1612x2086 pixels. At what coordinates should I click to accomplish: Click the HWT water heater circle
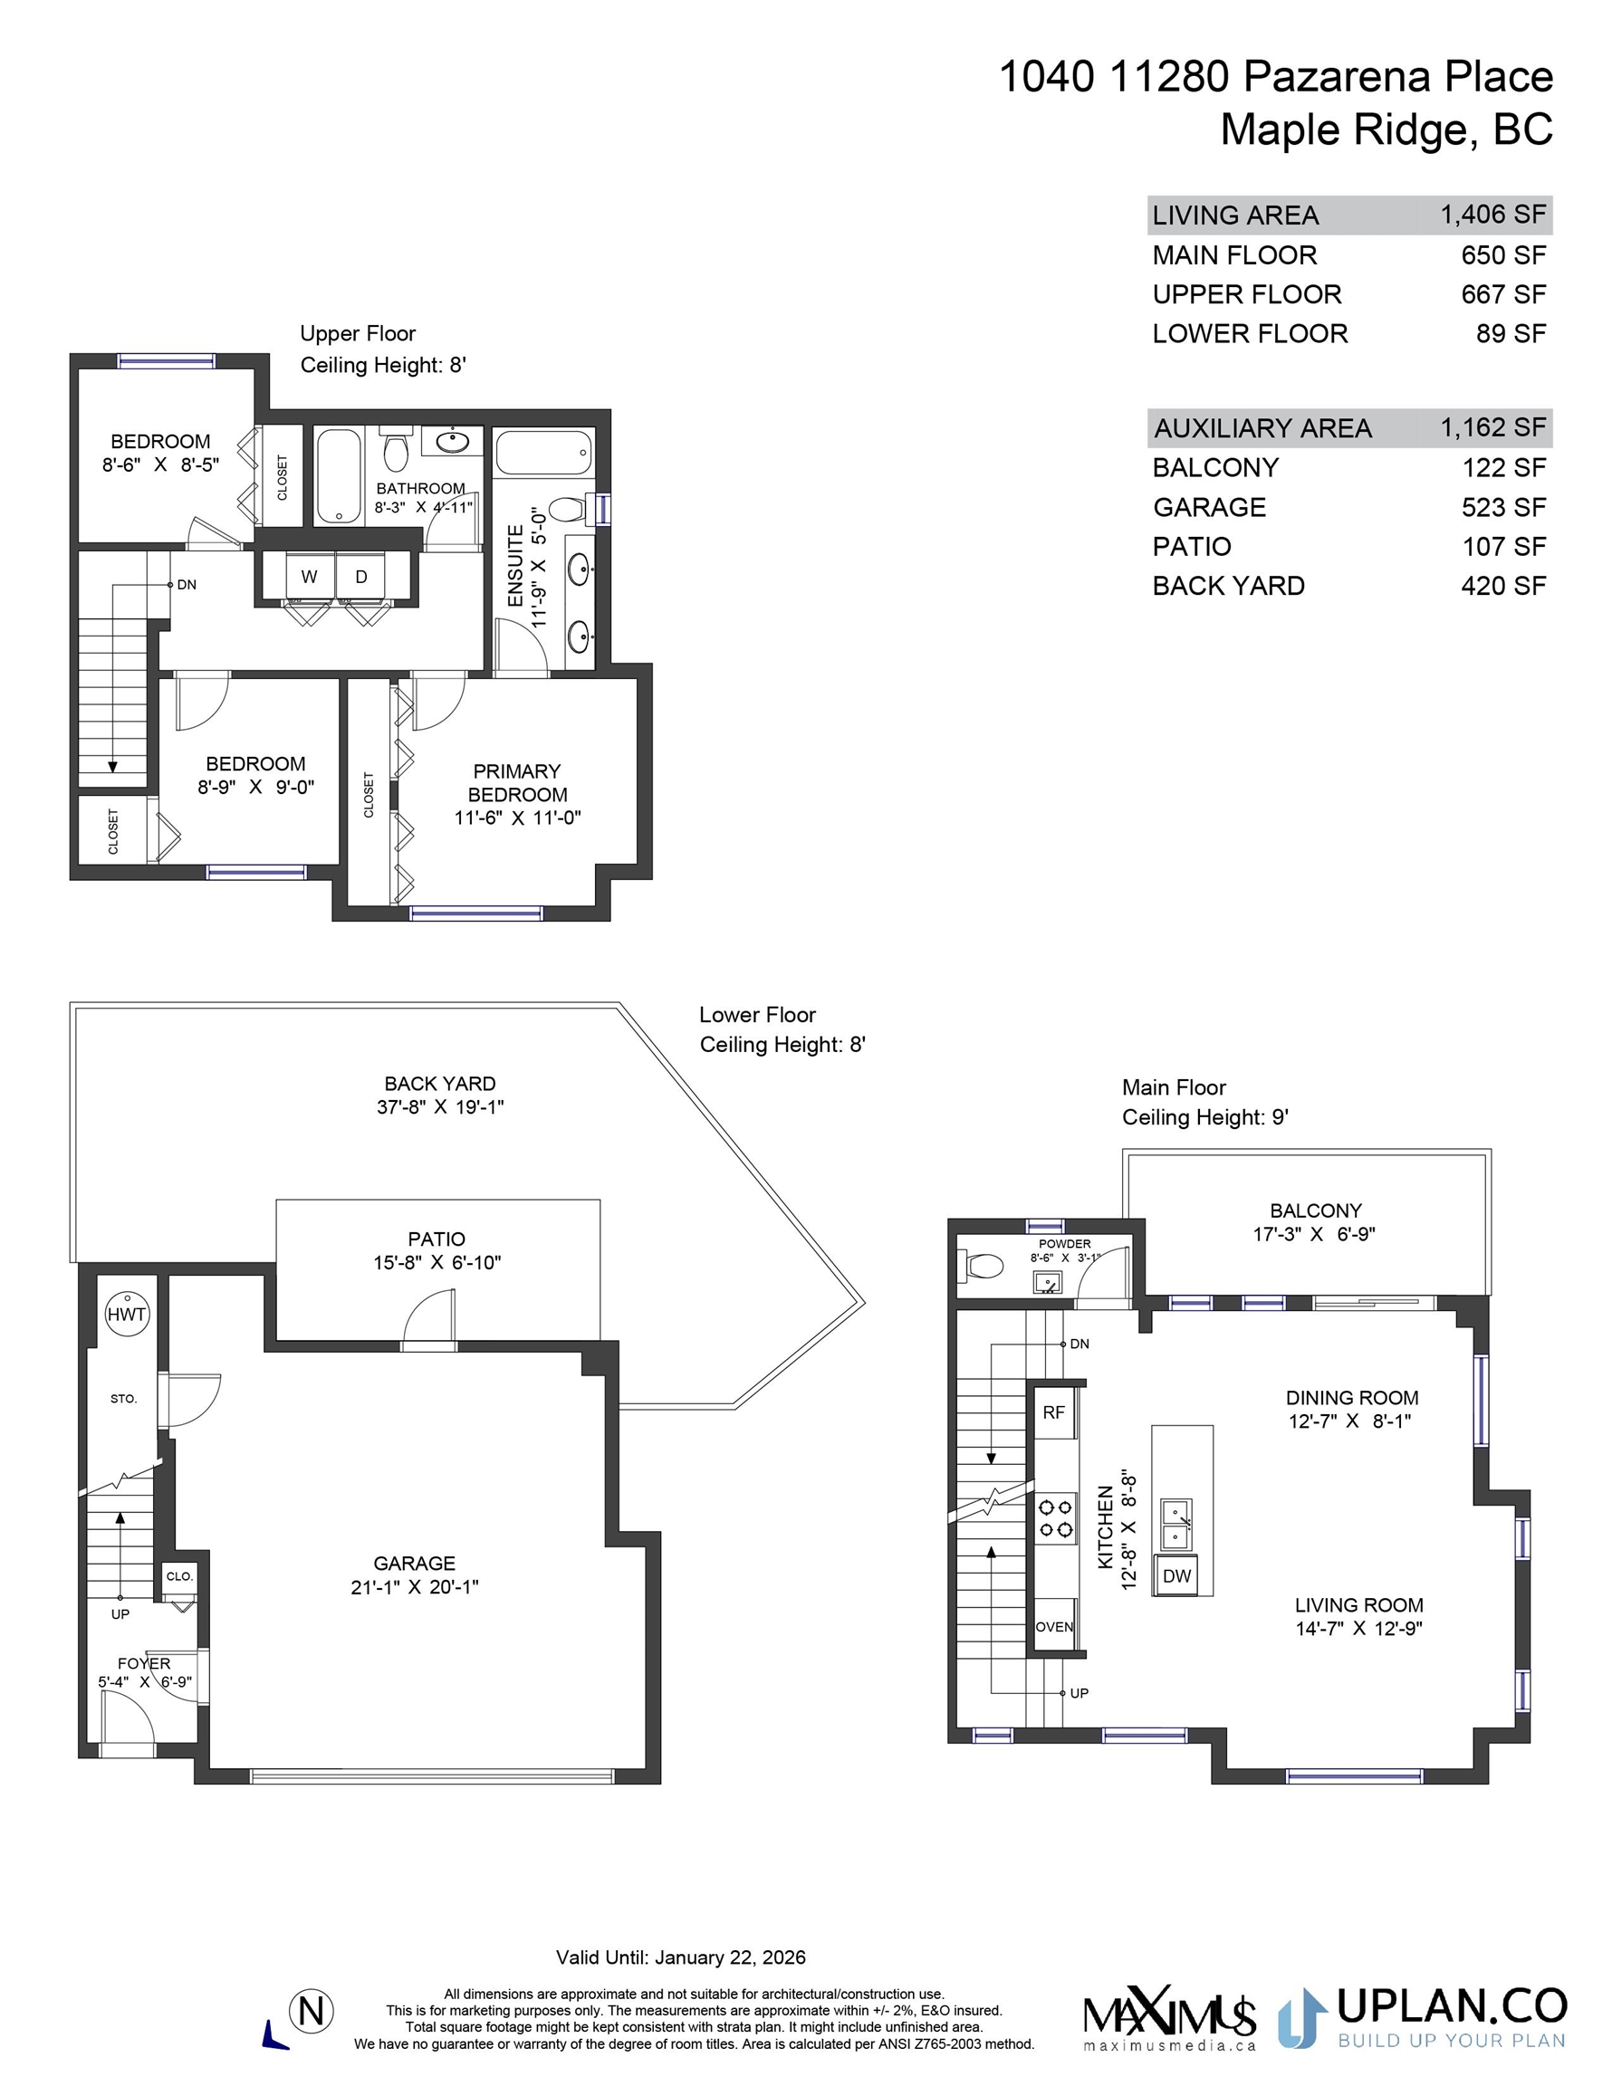126,1315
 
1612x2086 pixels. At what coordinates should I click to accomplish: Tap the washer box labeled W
310,577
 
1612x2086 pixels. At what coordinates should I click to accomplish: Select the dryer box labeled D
361,577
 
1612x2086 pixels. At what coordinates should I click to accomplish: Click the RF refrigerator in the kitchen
1054,1412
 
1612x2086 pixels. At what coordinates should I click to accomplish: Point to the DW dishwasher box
1177,1576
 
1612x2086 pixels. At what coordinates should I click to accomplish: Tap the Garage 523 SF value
1503,507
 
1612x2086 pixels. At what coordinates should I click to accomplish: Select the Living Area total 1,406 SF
1492,214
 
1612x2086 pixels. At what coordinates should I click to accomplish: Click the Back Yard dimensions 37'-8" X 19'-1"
439,1107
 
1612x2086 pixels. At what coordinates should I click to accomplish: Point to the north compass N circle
312,2012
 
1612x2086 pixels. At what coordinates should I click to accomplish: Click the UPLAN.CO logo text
1452,2005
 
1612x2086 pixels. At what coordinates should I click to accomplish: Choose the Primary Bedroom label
517,783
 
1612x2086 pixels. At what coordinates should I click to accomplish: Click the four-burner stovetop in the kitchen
1056,1517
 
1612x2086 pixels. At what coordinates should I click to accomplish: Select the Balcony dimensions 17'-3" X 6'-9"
1314,1234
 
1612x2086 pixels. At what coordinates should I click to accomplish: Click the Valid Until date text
681,1957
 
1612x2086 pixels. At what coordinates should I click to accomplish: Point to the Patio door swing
428,1318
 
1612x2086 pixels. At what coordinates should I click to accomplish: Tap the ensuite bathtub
543,452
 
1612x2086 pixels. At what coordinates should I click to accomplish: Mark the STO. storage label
123,1399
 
